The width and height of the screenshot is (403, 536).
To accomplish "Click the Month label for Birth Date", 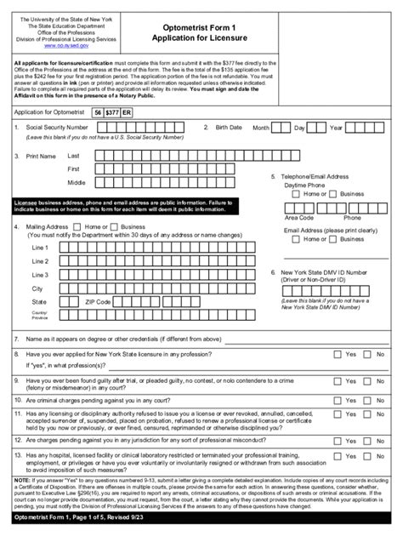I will pos(261,128).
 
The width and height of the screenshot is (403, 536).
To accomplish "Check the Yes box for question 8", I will pos(337,353).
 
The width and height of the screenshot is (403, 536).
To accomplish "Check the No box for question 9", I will pos(368,380).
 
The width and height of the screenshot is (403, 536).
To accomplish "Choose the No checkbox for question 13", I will pos(368,458).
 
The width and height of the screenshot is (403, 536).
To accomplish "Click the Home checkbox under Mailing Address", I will pos(78,227).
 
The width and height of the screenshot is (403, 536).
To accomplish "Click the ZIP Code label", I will pos(98,301).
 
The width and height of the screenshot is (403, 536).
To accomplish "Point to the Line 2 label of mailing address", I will pos(40,261).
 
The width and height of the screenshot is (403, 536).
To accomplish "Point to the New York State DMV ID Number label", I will pos(326,274).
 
